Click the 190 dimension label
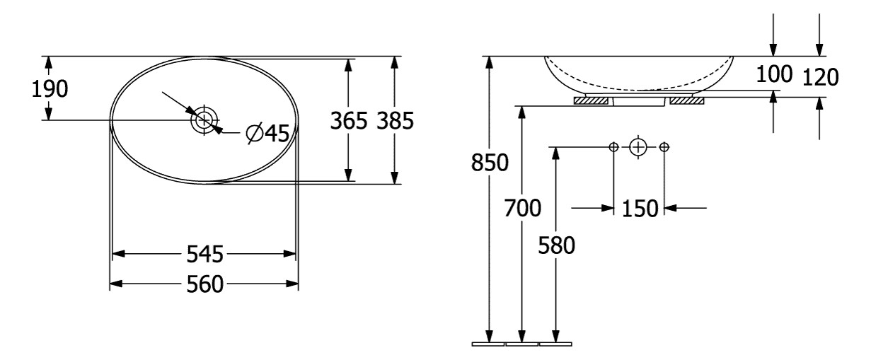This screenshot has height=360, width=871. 50,88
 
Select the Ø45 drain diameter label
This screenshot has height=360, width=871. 268,134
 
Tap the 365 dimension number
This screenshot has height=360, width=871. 349,120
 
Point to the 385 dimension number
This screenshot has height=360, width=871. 395,120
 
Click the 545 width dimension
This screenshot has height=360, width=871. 205,254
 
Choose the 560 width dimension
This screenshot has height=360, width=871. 205,284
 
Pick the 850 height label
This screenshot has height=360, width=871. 490,163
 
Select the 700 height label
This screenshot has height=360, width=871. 523,208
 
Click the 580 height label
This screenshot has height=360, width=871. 556,245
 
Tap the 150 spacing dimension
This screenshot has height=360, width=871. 640,209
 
